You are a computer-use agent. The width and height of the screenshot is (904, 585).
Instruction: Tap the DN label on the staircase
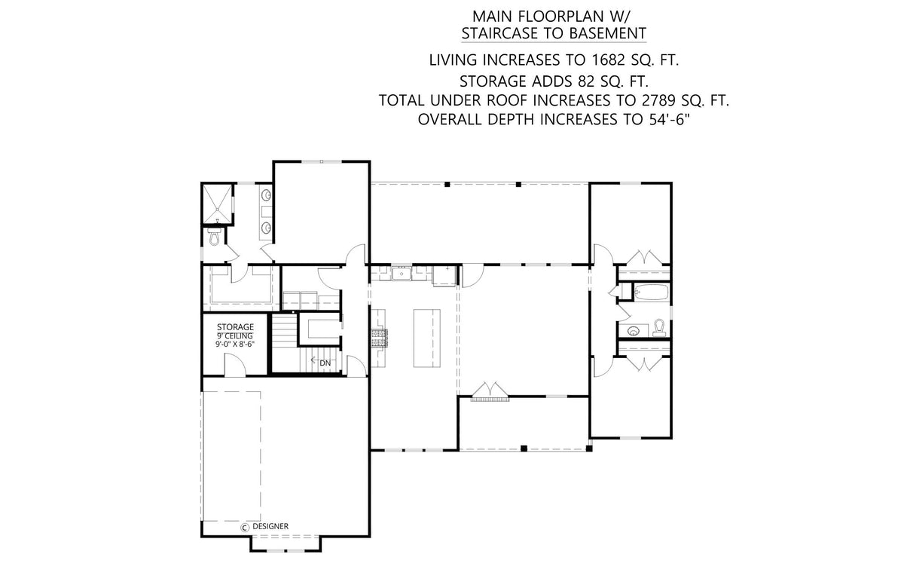click(325, 363)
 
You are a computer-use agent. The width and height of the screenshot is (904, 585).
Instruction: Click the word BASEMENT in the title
click(608, 33)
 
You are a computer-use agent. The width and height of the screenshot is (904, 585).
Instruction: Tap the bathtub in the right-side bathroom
click(649, 292)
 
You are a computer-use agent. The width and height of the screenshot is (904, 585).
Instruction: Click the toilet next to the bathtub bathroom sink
click(659, 326)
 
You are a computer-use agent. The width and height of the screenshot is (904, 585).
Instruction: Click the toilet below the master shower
click(215, 237)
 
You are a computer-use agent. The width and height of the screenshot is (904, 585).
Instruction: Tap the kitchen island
click(425, 338)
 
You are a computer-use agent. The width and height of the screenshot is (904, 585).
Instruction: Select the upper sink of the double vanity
click(267, 197)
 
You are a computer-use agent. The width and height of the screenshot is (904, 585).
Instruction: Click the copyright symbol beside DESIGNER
click(245, 527)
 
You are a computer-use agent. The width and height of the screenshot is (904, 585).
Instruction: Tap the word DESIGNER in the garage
click(270, 527)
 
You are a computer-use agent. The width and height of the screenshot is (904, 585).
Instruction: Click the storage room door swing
click(236, 365)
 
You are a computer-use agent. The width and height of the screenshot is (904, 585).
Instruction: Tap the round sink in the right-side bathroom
click(632, 329)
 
